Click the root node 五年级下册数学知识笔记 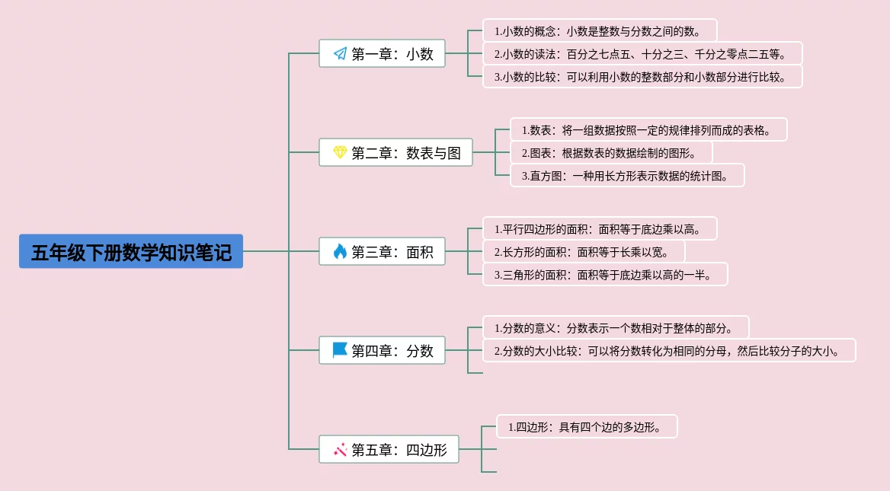click(131, 251)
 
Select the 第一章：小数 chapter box click(382, 53)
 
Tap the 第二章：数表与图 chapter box click(395, 152)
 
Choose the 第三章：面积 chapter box click(382, 251)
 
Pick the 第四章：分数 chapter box click(382, 350)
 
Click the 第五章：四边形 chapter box click(389, 449)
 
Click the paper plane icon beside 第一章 click(340, 53)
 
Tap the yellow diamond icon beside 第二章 click(340, 152)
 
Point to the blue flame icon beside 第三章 click(340, 251)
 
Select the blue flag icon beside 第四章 click(340, 350)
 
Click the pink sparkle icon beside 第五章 click(340, 450)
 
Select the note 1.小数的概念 click(600, 30)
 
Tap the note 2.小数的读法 click(642, 54)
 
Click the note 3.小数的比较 click(642, 77)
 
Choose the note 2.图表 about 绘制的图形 click(611, 152)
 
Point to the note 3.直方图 click(627, 176)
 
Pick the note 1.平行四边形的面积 click(600, 228)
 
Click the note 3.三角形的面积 click(605, 274)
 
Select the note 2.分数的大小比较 click(669, 350)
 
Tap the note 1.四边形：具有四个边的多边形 click(587, 426)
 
